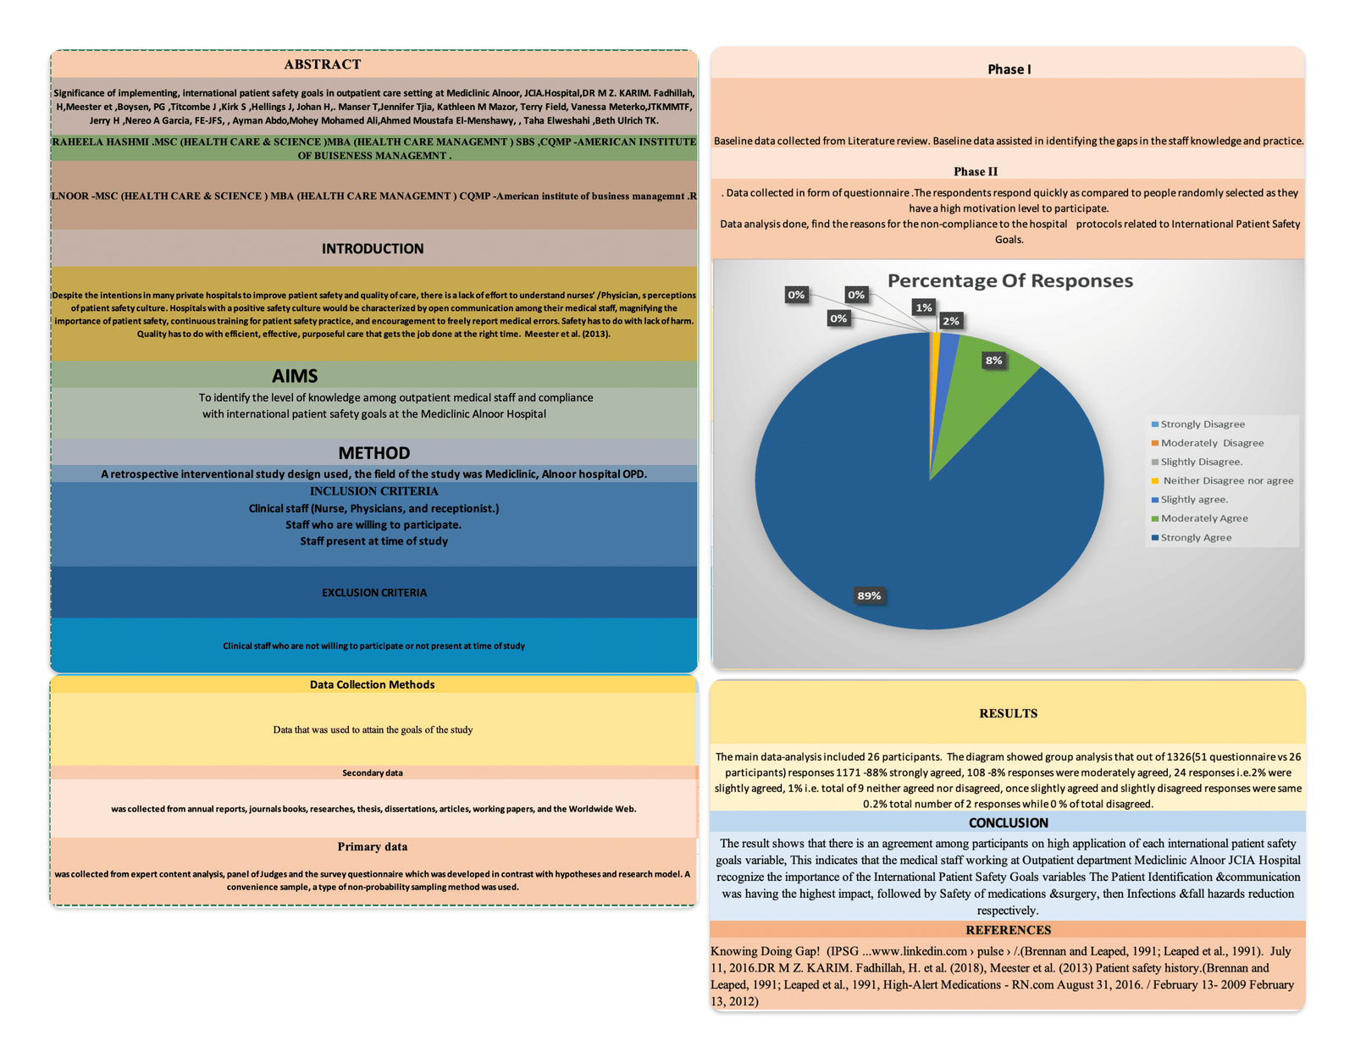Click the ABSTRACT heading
(x=322, y=64)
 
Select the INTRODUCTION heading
(x=373, y=249)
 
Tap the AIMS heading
(x=295, y=375)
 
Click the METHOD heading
(x=373, y=453)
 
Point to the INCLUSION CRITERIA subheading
(x=373, y=491)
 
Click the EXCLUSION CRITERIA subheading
(x=373, y=593)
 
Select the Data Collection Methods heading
(x=372, y=684)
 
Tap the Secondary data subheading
(x=372, y=772)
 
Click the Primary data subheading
(x=372, y=847)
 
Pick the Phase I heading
(x=1009, y=69)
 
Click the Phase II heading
(x=976, y=172)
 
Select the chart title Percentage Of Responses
(x=1009, y=281)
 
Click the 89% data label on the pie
(x=869, y=595)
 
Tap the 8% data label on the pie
(x=993, y=361)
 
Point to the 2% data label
(x=951, y=321)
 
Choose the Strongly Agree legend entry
(x=1195, y=538)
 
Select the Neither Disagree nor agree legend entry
(x=1226, y=481)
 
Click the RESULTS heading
(x=1008, y=713)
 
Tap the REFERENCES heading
(x=1008, y=930)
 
